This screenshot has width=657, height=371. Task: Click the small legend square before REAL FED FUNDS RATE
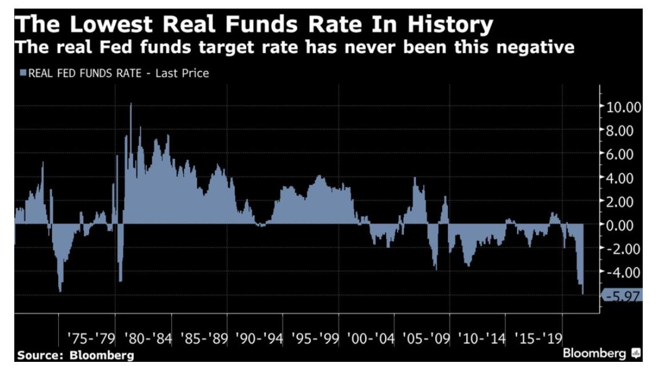[23, 73]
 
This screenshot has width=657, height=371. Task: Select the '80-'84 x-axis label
[147, 338]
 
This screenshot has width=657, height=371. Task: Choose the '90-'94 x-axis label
[259, 338]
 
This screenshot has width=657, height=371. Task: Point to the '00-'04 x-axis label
[371, 338]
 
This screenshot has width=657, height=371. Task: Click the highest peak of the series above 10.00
[131, 105]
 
